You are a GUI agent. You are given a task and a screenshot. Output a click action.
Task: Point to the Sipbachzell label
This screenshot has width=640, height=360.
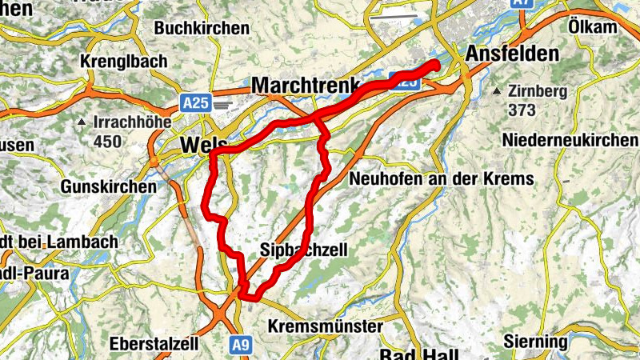click(x=304, y=250)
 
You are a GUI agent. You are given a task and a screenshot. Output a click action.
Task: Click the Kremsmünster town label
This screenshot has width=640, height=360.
click(x=326, y=326)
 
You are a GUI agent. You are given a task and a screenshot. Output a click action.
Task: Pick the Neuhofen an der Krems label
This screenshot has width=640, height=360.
click(x=441, y=178)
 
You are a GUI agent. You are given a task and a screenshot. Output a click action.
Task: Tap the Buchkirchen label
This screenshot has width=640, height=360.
click(x=202, y=28)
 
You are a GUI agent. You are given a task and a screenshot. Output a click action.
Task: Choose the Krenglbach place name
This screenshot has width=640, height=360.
click(x=124, y=61)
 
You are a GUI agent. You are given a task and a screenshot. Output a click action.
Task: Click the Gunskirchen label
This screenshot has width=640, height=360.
click(x=108, y=186)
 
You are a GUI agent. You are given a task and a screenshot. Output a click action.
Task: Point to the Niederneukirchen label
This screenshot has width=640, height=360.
click(x=570, y=141)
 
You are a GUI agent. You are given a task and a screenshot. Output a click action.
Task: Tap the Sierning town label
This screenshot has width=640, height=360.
click(x=536, y=342)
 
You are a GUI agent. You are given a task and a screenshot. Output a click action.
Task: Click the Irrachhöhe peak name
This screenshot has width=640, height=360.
click(x=125, y=123)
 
